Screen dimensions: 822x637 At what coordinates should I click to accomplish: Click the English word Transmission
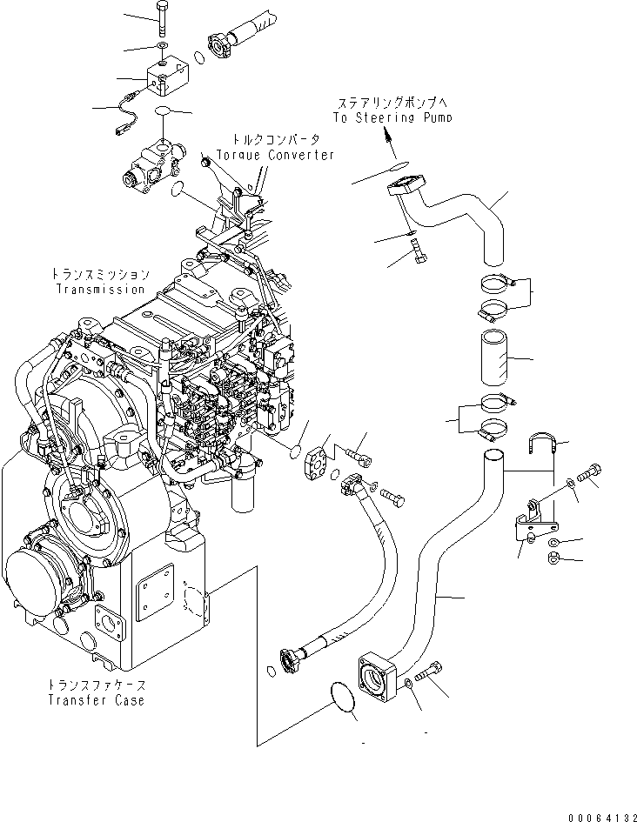point(101,289)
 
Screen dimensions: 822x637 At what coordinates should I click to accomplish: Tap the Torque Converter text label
point(276,155)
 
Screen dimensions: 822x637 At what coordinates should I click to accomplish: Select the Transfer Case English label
point(97,699)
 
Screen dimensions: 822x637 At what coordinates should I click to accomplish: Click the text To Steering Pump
point(392,117)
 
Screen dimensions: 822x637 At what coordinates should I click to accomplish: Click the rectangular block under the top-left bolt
point(164,77)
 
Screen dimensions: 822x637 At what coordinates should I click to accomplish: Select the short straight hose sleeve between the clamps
point(493,355)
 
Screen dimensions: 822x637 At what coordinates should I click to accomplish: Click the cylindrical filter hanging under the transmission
point(244,491)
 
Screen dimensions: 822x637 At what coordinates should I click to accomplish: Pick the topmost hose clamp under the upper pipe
point(494,282)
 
